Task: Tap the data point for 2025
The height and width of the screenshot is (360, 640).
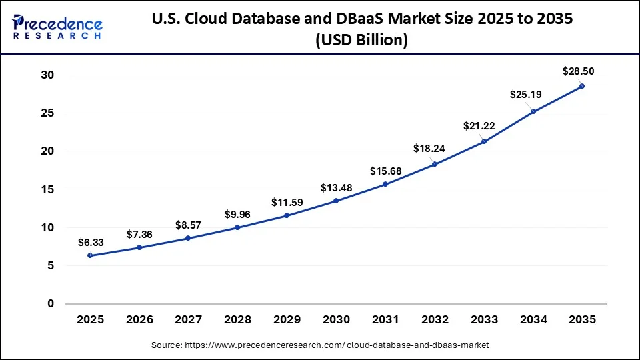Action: tap(90, 255)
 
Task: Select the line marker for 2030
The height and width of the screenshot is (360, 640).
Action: tap(336, 201)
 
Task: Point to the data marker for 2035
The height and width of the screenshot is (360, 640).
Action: tap(582, 86)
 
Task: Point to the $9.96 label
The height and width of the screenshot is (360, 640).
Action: tap(237, 214)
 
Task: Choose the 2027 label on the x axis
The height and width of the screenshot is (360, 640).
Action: tap(189, 320)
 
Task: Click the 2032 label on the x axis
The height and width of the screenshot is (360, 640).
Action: tap(435, 320)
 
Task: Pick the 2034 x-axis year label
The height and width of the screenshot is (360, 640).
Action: tap(533, 320)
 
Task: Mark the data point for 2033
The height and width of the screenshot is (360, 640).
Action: tap(484, 141)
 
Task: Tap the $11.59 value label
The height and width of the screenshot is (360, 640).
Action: tap(287, 202)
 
